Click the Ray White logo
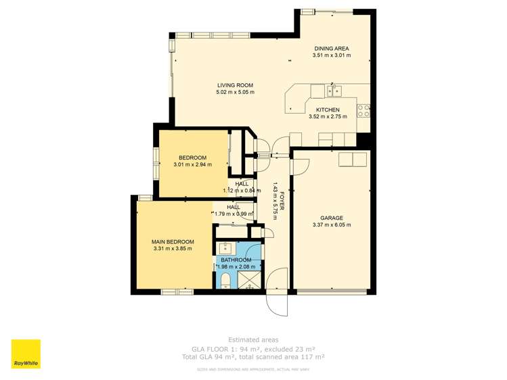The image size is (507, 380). click(x=26, y=354)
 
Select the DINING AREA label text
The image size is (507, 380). click(x=332, y=49)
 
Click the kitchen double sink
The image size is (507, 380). click(x=334, y=90)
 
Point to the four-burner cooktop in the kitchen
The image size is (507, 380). click(x=364, y=110)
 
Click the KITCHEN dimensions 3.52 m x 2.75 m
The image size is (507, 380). click(x=328, y=116)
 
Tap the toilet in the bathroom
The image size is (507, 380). click(x=225, y=280)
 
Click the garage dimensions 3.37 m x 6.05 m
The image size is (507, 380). click(x=331, y=225)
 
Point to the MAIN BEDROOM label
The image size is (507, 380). click(x=173, y=242)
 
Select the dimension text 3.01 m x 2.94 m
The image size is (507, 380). click(x=192, y=164)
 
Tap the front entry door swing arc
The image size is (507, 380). click(x=279, y=303)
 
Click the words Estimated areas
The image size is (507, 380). click(x=252, y=340)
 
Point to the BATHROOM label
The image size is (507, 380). click(x=236, y=260)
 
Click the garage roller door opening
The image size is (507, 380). click(x=332, y=291)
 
